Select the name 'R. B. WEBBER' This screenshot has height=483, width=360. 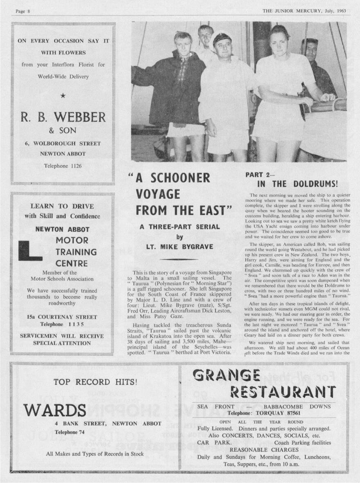click(x=63, y=117)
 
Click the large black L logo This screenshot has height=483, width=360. click(x=29, y=250)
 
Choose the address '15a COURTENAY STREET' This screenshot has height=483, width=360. click(x=62, y=317)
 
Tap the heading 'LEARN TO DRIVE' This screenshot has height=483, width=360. click(x=62, y=206)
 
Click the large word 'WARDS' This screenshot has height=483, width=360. click(x=54, y=409)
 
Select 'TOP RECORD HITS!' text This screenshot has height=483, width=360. click(x=96, y=382)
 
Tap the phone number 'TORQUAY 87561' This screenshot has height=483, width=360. click(x=277, y=413)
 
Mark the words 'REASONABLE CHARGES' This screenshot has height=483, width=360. click(x=263, y=449)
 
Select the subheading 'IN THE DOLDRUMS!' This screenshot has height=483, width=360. click(x=297, y=184)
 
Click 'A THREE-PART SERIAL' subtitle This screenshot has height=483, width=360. click(x=180, y=227)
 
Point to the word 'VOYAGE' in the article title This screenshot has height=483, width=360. click(x=158, y=193)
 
